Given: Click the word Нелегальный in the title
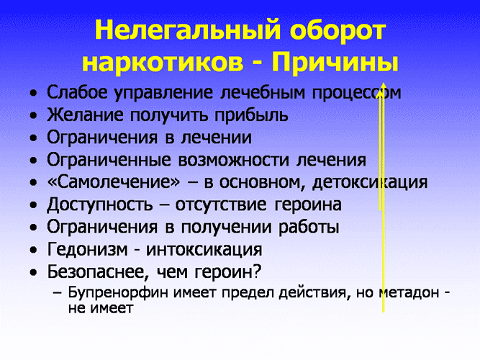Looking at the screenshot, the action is pyautogui.click(x=188, y=30).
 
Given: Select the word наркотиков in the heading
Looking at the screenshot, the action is pyautogui.click(x=163, y=63).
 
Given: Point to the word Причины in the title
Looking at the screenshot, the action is pyautogui.click(x=335, y=63).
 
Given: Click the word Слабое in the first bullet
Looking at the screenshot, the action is pyautogui.click(x=77, y=92).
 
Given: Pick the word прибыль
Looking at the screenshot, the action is pyautogui.click(x=251, y=115).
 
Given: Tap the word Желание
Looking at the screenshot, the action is pyautogui.click(x=85, y=114).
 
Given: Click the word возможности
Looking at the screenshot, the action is pyautogui.click(x=234, y=160).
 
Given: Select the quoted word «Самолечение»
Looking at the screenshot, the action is pyautogui.click(x=114, y=182).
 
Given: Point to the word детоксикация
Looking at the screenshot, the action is pyautogui.click(x=370, y=182).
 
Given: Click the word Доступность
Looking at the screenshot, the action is pyautogui.click(x=100, y=204).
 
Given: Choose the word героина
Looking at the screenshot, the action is pyautogui.click(x=308, y=204).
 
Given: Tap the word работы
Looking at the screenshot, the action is pyautogui.click(x=309, y=228).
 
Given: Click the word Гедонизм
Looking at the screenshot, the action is pyautogui.click(x=88, y=249).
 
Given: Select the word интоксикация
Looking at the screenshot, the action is pyautogui.click(x=204, y=249).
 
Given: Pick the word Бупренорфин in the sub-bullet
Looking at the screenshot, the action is pyautogui.click(x=118, y=292).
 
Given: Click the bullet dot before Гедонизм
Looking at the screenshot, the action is pyautogui.click(x=34, y=251).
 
